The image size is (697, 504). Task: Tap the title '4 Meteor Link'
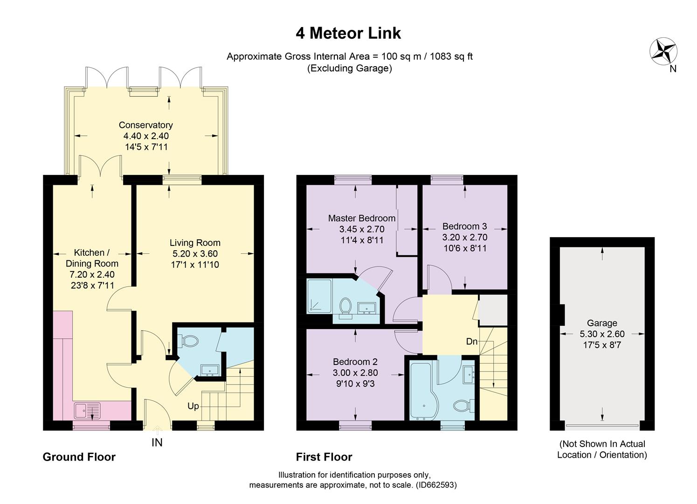pos(348,33)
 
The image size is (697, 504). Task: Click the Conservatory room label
pos(145,125)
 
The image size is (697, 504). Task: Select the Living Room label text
pos(195,243)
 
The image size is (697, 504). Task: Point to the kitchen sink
pos(87,410)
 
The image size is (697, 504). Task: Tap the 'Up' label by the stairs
pos(193,406)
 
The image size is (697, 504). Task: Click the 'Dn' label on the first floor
pos(472,342)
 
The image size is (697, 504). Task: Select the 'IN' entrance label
pos(157,442)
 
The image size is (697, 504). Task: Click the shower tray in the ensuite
pos(319,296)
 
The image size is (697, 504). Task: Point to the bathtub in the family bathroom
pos(424,390)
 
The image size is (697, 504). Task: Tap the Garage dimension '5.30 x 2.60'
pos(602,334)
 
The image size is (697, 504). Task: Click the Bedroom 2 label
pos(355,362)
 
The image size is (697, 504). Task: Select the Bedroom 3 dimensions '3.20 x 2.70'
pos(465,238)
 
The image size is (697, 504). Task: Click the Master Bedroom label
pos(362,218)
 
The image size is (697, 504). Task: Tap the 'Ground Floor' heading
pos(79,457)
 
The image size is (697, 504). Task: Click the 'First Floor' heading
pos(324,457)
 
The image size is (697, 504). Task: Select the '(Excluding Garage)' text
pos(350,68)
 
